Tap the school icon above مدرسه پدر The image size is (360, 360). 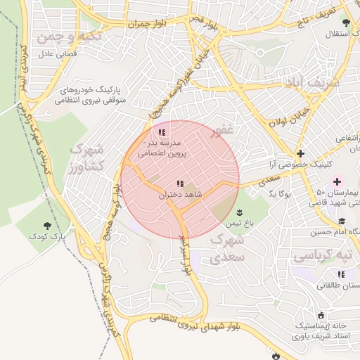[162, 131]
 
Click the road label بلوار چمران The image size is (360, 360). [155, 24]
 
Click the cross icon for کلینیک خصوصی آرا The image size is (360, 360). [300, 153]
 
